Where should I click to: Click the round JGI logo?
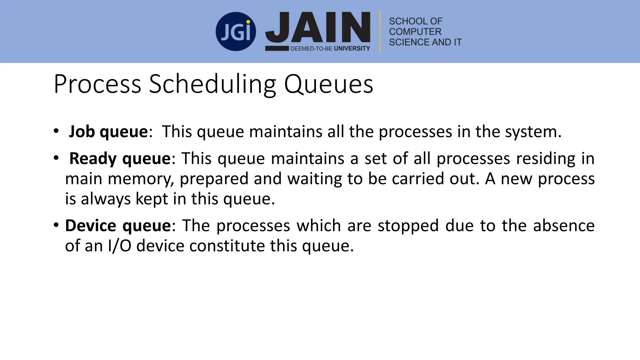pos(236,32)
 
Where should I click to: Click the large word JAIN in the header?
pos(318,28)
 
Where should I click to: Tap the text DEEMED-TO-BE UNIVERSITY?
pos(330,48)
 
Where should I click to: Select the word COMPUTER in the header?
pos(415,32)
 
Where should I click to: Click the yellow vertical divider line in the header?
pos(380,31)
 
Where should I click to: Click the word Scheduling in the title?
pos(212,84)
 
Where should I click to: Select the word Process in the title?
pos(97,84)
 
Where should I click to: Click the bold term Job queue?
pos(108,132)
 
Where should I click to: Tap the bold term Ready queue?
pos(120,158)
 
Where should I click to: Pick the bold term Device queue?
pos(118,226)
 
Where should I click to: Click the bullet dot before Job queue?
pos(56,131)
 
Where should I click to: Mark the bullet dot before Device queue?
pos(56,225)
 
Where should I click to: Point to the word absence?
pos(563,226)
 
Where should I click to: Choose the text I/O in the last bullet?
pos(119,246)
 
